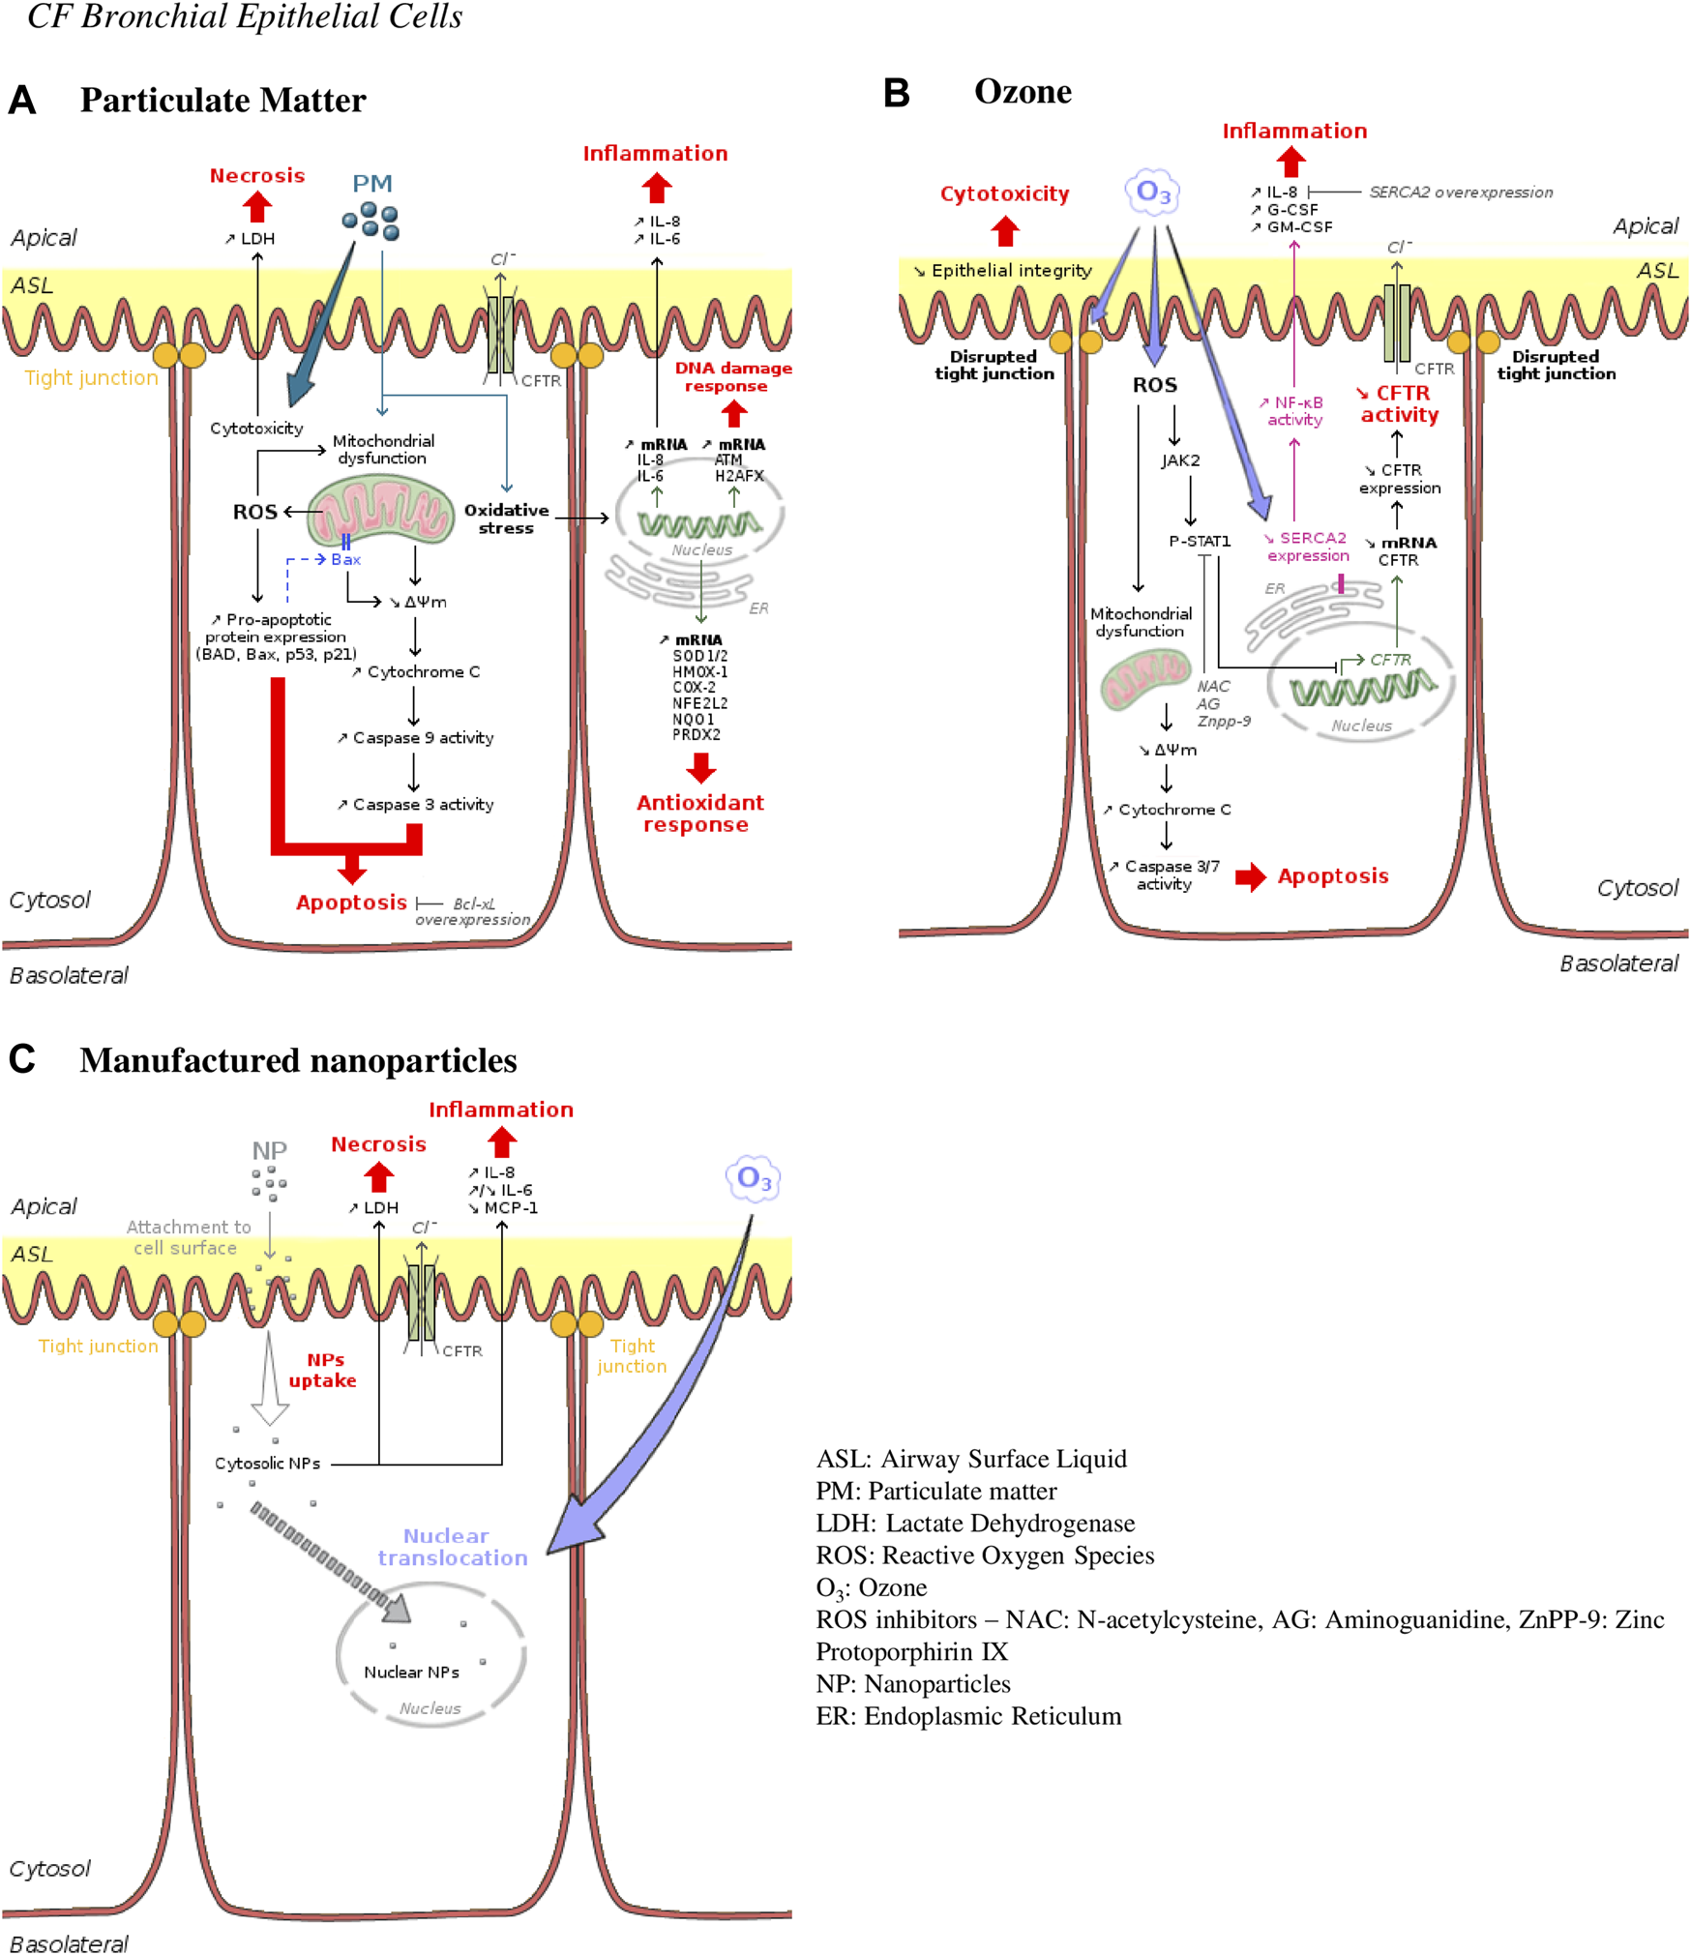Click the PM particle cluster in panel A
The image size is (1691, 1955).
pos(371,221)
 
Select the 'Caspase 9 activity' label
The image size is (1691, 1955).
pos(415,737)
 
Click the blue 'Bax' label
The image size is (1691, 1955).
pos(345,559)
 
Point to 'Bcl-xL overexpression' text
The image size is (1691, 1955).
pos(473,910)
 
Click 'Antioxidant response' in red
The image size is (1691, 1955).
pos(698,813)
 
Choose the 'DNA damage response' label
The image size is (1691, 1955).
pos(732,376)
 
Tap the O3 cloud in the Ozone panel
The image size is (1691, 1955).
pos(1152,193)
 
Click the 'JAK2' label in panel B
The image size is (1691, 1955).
pos(1179,460)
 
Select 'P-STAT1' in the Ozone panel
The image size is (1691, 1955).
pos(1199,541)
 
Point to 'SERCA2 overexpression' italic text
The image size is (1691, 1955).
pos(1460,193)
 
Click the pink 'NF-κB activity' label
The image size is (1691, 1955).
pos(1294,410)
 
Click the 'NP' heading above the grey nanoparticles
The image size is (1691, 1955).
pos(269,1150)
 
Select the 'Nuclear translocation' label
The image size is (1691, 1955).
pos(451,1546)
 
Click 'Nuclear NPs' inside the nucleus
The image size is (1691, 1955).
pos(411,1672)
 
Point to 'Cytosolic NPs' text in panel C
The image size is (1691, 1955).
pos(267,1463)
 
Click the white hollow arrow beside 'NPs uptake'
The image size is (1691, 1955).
pos(270,1379)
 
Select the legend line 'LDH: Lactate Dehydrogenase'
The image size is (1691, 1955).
pos(974,1523)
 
